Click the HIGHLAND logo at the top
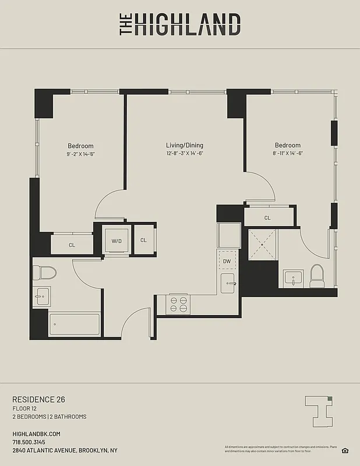(x=180, y=24)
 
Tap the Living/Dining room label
(x=184, y=146)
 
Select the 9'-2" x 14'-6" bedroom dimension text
(x=80, y=154)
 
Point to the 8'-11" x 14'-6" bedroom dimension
(x=288, y=154)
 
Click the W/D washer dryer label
(x=117, y=240)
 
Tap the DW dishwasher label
(x=227, y=262)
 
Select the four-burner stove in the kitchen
(x=178, y=305)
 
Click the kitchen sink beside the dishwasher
(x=228, y=283)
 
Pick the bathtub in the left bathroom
(x=74, y=324)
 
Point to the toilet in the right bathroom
(x=317, y=276)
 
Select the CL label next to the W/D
(x=143, y=240)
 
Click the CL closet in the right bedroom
(x=267, y=218)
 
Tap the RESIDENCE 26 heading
(x=38, y=400)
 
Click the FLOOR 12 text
(x=24, y=409)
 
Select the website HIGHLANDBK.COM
(x=36, y=434)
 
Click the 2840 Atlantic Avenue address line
(x=65, y=450)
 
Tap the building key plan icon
(x=320, y=411)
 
